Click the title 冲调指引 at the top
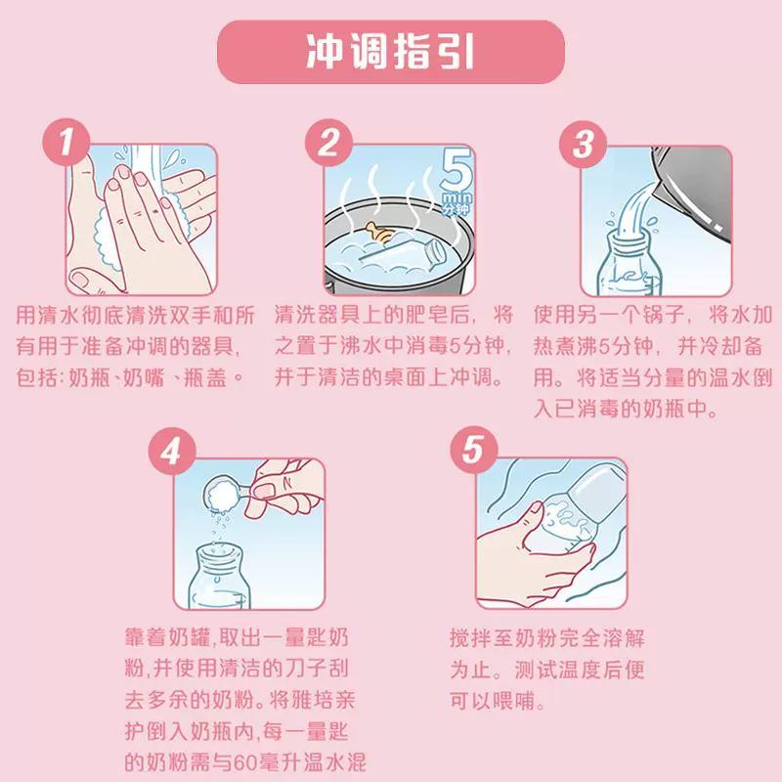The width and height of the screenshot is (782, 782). pos(390,52)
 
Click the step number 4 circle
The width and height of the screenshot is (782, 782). pos(171,454)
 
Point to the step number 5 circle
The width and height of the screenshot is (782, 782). pos(472,454)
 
